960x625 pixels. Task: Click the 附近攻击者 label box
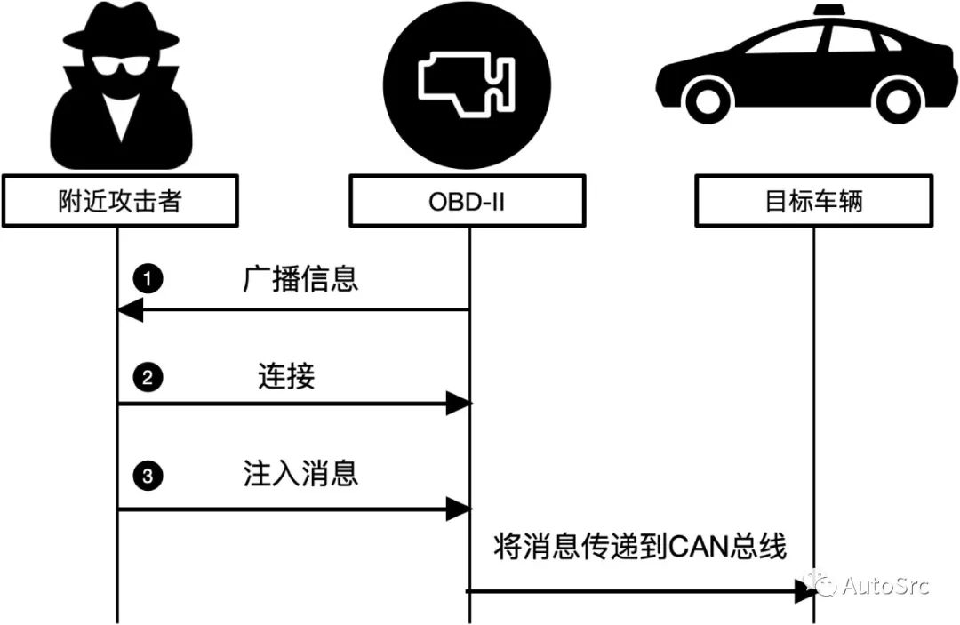(x=119, y=202)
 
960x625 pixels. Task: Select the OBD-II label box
(x=468, y=202)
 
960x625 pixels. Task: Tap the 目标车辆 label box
(x=813, y=202)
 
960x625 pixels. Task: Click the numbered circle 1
(x=148, y=279)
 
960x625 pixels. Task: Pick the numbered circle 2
(x=148, y=378)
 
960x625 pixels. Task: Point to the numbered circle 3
(x=148, y=477)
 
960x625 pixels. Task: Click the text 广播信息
(x=300, y=279)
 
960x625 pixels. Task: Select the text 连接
(x=286, y=378)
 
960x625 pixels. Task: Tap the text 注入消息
(x=300, y=473)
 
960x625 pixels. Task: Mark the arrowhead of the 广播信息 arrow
(x=130, y=310)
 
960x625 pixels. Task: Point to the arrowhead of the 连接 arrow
(x=458, y=405)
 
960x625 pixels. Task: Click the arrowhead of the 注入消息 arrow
(x=458, y=509)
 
